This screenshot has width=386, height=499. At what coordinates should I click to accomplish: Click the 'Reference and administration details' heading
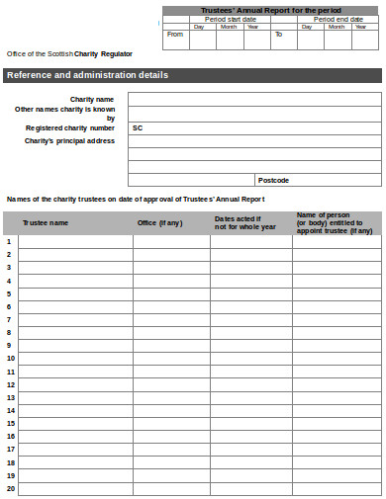click(87, 75)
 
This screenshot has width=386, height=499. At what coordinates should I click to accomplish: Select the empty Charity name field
click(254, 99)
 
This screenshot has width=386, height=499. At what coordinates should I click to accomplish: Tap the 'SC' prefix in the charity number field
click(138, 127)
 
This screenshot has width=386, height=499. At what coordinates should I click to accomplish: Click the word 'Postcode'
click(273, 180)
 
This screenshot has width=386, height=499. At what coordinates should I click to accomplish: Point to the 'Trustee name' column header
click(46, 222)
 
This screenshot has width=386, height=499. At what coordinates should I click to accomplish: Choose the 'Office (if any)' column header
click(159, 222)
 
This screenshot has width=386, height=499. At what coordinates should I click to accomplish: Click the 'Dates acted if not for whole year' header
click(238, 222)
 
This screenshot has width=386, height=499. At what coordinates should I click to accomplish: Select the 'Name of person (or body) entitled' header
click(335, 222)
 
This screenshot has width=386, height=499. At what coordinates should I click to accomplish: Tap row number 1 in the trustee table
click(9, 241)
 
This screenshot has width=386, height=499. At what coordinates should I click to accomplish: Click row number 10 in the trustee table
click(10, 358)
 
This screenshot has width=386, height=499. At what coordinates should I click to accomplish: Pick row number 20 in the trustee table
click(10, 488)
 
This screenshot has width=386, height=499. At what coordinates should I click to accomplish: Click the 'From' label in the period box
click(175, 34)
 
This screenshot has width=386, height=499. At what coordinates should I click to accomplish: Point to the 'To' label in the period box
click(278, 34)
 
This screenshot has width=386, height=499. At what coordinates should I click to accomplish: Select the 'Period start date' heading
click(230, 19)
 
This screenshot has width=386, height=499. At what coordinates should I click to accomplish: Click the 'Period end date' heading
click(338, 19)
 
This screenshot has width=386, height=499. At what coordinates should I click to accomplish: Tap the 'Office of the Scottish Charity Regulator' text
click(69, 53)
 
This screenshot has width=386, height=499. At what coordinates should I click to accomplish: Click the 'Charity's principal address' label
click(69, 140)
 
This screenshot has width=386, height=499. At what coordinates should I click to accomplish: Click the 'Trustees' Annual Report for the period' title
click(271, 10)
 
